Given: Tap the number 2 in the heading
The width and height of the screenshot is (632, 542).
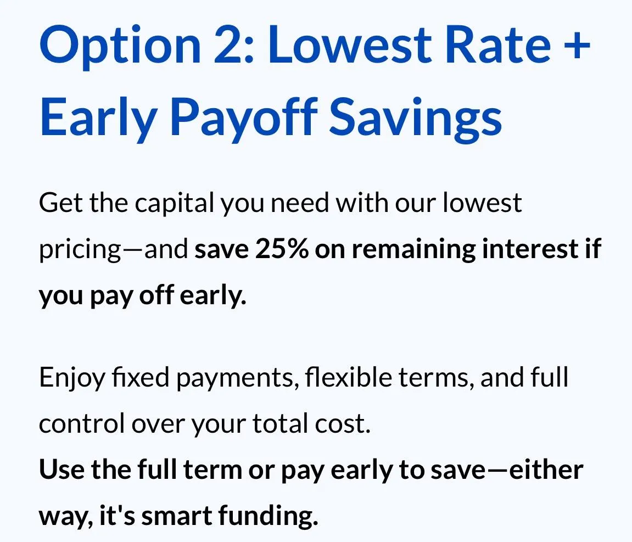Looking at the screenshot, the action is [x=230, y=44].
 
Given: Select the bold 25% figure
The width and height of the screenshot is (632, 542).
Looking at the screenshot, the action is [x=282, y=249].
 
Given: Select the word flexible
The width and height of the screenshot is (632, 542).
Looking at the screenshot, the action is [x=348, y=377].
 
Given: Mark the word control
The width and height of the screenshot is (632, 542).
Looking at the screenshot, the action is [x=82, y=423].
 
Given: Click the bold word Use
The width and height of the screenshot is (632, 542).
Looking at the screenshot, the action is [x=61, y=470].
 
